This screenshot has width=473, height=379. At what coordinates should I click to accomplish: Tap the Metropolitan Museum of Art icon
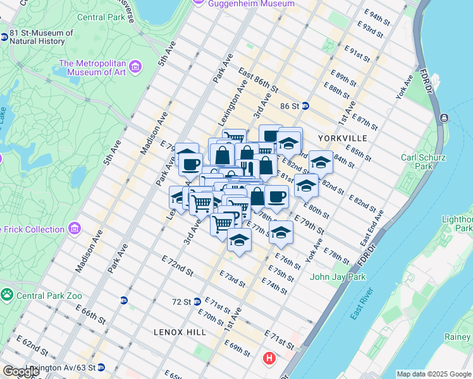pos(135,66)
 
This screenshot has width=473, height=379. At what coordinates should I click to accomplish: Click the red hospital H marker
pos(269,359)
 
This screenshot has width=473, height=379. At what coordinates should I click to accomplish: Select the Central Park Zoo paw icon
pos(7,294)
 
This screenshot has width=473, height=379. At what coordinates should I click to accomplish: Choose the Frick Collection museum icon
pos(75,227)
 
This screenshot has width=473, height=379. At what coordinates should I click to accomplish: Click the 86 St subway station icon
pos(305,106)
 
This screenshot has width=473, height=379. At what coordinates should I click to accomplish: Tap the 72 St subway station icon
pos(198,301)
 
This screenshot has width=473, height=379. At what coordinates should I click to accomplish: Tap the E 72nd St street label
pos(177,265)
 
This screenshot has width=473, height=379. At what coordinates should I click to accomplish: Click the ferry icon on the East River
pos(445,118)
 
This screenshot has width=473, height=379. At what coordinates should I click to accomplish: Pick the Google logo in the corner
pos(20,371)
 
